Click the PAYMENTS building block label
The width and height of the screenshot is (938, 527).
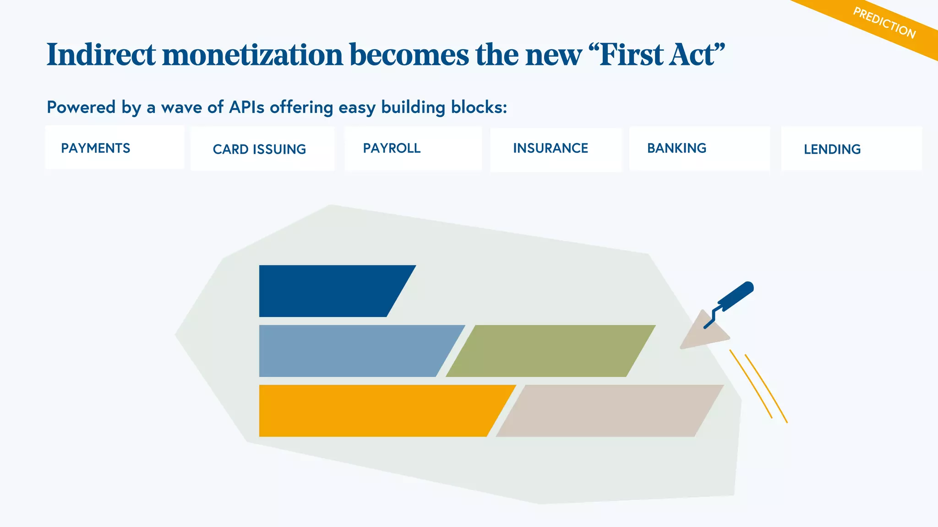tap(96, 148)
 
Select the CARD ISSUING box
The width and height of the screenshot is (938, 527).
tap(260, 149)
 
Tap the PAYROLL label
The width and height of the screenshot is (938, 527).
tap(392, 148)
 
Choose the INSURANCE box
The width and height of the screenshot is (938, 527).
tap(551, 148)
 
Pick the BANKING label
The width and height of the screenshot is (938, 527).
tap(676, 148)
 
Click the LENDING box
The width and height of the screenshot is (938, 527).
tap(832, 149)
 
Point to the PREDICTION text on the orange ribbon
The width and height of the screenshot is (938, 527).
tap(884, 23)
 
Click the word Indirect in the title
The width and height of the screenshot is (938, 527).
tap(101, 54)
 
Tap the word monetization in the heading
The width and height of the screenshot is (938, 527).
tap(252, 54)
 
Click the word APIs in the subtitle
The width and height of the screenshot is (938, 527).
tap(246, 107)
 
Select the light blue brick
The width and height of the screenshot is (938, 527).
tap(353, 351)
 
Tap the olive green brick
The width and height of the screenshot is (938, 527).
tap(550, 351)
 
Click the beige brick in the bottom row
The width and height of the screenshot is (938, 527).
tap(609, 410)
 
